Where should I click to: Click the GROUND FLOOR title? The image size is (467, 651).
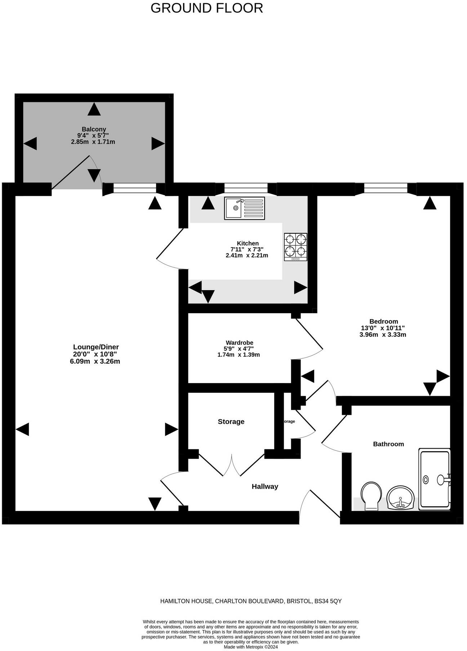[x=206, y=8]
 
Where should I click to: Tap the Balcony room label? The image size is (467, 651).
[x=94, y=129]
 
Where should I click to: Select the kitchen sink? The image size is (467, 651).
[x=244, y=208]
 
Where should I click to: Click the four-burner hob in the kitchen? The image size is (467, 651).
[x=295, y=247]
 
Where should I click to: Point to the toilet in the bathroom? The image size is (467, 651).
[x=372, y=495]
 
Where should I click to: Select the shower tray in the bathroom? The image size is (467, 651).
[x=435, y=479]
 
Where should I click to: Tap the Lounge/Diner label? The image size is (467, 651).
[x=96, y=347]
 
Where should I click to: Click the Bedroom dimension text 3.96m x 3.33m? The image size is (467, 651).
[x=383, y=335]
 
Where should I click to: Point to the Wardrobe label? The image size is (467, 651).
[x=239, y=343]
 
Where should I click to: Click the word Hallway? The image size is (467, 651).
[x=265, y=487]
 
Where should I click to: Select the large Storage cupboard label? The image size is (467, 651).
[x=231, y=422]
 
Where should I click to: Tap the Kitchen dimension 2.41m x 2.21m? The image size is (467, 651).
[x=247, y=256]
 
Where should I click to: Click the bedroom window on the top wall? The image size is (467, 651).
[x=386, y=188]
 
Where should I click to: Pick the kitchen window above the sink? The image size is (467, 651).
[x=246, y=188]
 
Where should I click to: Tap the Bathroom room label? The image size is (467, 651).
[x=388, y=444]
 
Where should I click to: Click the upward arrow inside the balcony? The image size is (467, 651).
[x=94, y=109]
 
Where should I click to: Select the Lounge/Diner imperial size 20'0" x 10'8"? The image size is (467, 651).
[x=95, y=354]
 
